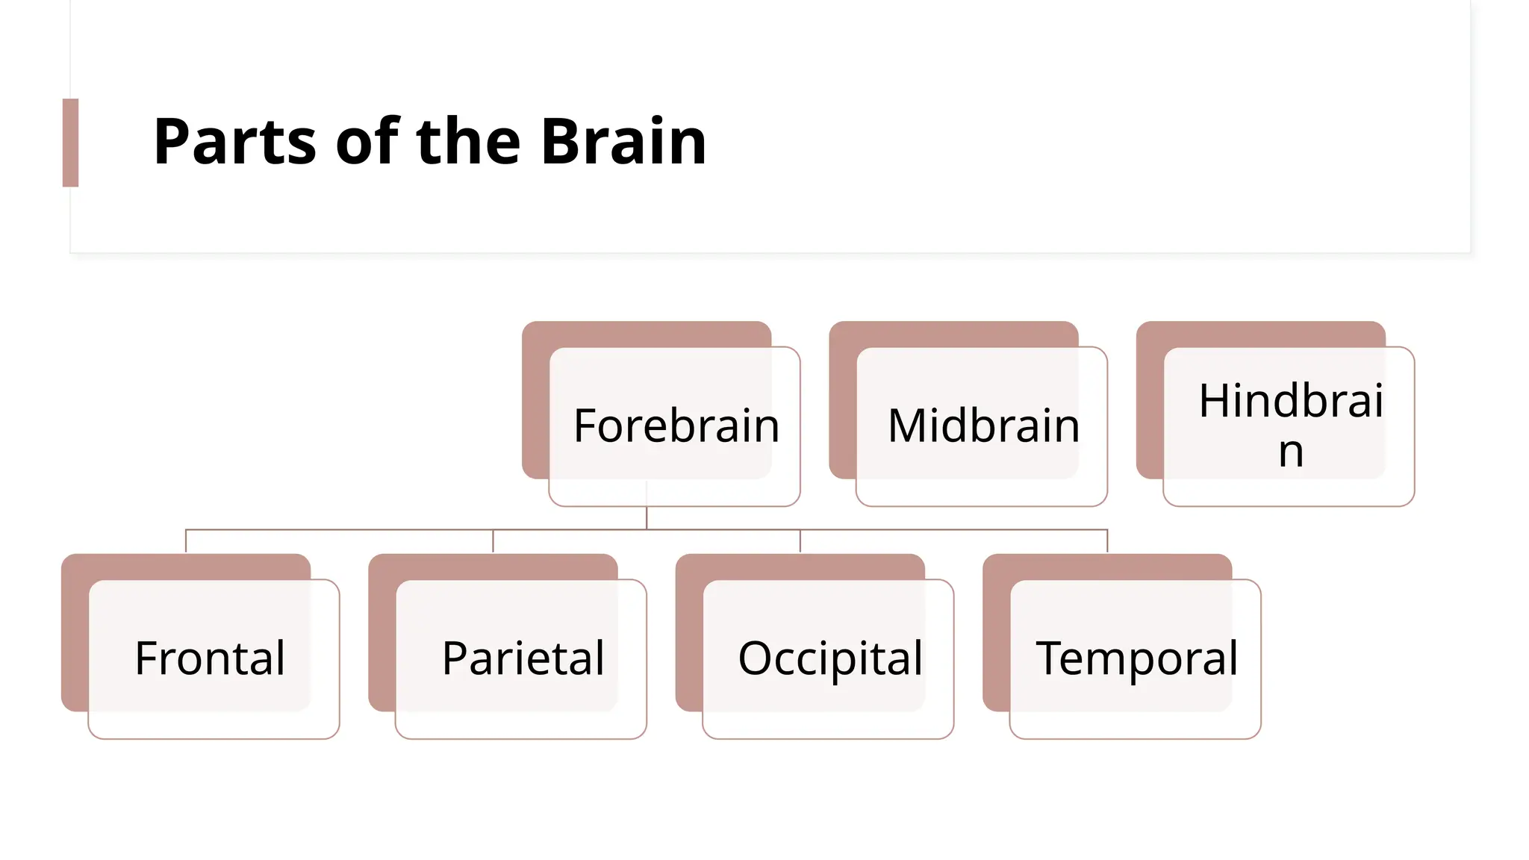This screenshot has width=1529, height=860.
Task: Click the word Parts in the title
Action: (x=234, y=142)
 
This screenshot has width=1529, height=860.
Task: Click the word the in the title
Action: (x=468, y=142)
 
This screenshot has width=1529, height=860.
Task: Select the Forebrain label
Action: (x=676, y=426)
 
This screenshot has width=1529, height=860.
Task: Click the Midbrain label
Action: (x=983, y=426)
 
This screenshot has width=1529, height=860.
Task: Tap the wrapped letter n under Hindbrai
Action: (x=1291, y=452)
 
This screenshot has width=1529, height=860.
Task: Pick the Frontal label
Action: (x=210, y=658)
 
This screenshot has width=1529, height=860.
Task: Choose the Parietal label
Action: (x=523, y=658)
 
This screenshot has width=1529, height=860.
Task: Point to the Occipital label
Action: (x=830, y=658)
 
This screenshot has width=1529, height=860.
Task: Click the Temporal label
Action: (x=1136, y=658)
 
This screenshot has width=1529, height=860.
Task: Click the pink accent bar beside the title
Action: (x=70, y=143)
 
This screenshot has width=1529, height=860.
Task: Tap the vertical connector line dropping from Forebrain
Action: (x=647, y=517)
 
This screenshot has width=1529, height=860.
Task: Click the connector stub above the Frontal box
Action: (x=186, y=540)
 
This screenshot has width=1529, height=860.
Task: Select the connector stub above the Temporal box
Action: (x=1107, y=540)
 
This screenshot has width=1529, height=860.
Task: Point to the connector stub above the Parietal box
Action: (x=493, y=540)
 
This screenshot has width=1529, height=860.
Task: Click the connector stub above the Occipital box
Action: (x=800, y=540)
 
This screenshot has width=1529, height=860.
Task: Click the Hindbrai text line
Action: (x=1291, y=401)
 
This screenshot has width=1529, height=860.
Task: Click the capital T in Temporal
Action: (x=1050, y=658)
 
